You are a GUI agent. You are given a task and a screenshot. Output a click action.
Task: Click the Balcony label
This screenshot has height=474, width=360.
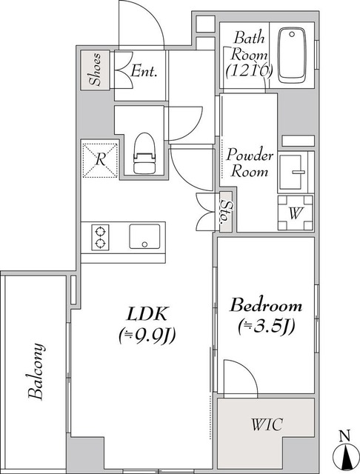click(x=36, y=372)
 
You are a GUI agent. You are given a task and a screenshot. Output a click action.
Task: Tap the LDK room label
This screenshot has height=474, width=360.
click(x=147, y=314)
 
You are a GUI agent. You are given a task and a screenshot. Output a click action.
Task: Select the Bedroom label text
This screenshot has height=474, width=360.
click(x=266, y=305)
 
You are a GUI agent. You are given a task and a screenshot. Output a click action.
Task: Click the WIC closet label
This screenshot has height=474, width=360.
click(x=267, y=424)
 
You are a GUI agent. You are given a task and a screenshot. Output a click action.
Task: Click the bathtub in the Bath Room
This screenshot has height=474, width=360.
click(x=292, y=56)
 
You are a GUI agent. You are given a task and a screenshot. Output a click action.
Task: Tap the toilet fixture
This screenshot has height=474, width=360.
click(x=144, y=153)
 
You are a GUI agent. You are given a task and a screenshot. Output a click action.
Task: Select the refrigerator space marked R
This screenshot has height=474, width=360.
click(x=100, y=160)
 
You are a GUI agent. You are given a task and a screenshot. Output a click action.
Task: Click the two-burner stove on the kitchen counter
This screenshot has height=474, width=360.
click(x=100, y=237)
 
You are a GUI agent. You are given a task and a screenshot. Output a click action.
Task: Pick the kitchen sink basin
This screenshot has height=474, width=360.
click(x=144, y=236)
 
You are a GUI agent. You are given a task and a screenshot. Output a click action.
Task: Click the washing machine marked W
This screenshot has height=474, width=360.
click(x=296, y=213)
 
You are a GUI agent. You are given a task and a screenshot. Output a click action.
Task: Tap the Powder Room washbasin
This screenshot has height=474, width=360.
click(x=293, y=173)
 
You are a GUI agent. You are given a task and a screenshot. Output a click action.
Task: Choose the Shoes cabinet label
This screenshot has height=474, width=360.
click(x=96, y=69)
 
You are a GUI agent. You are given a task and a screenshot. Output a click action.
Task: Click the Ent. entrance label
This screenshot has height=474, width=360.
click(x=144, y=71)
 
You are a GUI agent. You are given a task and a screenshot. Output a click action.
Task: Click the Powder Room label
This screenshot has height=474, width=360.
click(x=250, y=163)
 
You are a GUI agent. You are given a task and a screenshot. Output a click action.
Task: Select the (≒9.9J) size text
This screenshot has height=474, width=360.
click(x=147, y=336)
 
